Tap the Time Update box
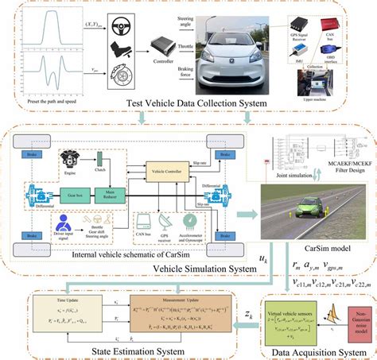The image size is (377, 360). [x=55, y=318]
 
